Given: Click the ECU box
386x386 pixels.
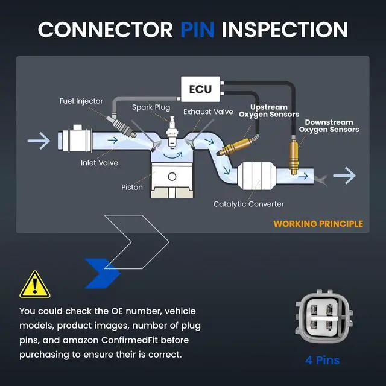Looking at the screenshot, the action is (200, 89).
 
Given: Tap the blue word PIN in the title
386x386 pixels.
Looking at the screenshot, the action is (197, 30).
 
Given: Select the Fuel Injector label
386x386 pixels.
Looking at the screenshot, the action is (81, 101).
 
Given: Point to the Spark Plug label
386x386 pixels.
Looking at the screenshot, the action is (151, 107).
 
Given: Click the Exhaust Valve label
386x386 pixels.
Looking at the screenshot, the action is (208, 112).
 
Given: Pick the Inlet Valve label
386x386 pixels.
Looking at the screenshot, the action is (99, 163).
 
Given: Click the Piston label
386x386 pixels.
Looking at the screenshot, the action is (132, 188).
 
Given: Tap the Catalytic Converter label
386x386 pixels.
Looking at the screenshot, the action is (248, 204).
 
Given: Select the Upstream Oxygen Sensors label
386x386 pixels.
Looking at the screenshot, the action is (269, 111).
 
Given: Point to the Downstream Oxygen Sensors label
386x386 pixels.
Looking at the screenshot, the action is (329, 126).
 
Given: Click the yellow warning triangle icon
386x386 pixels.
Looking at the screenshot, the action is (35, 285).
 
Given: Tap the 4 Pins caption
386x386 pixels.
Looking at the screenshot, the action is (323, 361).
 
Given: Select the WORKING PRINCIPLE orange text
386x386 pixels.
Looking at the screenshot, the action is (318, 224).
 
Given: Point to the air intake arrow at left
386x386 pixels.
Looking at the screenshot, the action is (39, 141).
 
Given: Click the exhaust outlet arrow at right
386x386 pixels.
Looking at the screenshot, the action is (344, 176).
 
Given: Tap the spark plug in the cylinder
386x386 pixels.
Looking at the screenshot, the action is (172, 133).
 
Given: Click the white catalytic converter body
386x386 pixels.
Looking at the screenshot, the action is (256, 176).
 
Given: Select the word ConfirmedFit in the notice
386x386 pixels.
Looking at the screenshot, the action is (130, 340).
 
